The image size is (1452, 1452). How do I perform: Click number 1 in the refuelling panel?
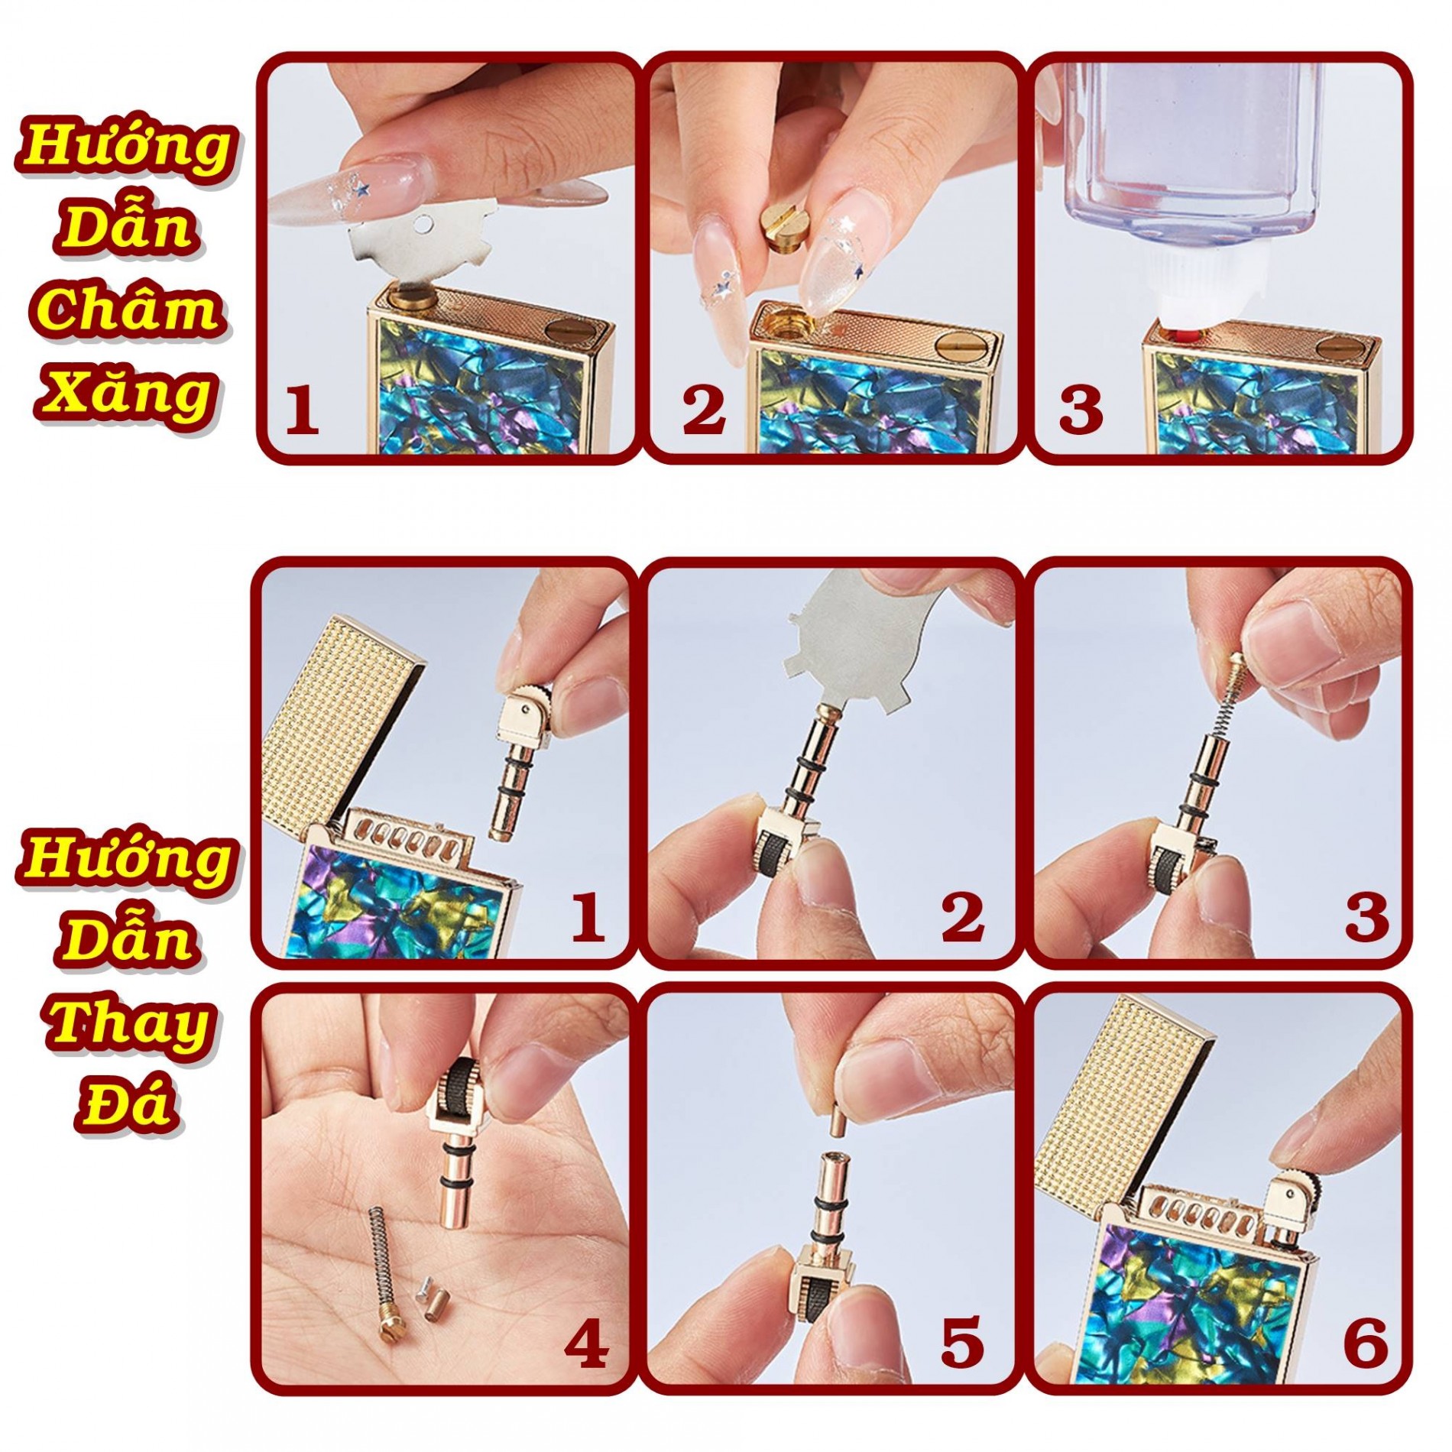302,410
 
